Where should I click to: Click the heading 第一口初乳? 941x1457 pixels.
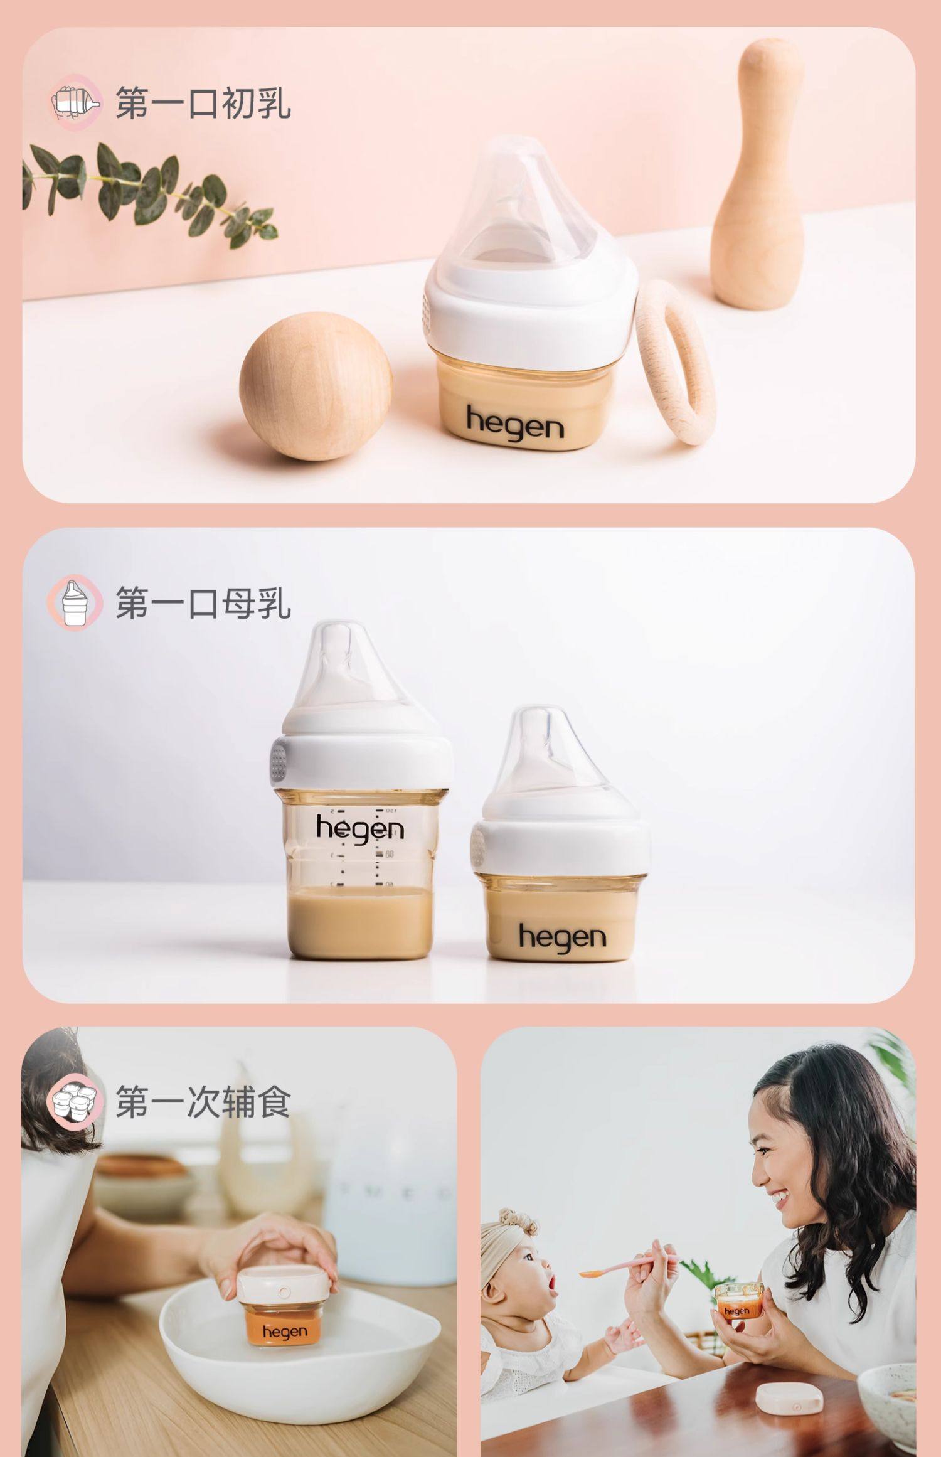(x=203, y=104)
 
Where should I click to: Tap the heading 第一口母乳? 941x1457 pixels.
(x=203, y=603)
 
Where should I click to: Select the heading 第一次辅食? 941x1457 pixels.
(x=203, y=1101)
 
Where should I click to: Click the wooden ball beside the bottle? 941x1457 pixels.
(x=316, y=386)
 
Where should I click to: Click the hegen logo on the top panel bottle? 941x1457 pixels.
(x=514, y=424)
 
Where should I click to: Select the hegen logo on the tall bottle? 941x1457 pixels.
(x=359, y=828)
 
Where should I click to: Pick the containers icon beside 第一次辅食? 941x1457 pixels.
(x=73, y=1102)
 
